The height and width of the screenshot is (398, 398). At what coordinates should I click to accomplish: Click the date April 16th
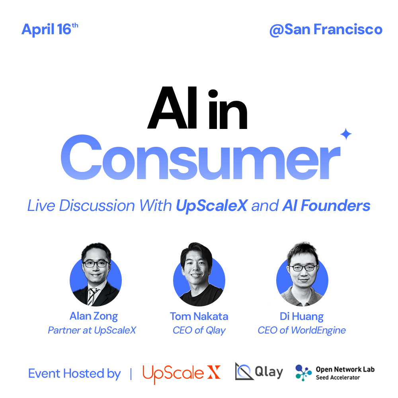click(50, 29)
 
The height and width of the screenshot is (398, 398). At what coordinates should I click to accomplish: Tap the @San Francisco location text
click(326, 29)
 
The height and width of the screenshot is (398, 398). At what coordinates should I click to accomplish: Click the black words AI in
click(197, 108)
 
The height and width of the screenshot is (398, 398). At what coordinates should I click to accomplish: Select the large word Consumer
click(201, 157)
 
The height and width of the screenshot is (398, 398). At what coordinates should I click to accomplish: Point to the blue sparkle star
click(346, 134)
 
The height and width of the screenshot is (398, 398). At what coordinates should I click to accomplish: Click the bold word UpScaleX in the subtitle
click(212, 206)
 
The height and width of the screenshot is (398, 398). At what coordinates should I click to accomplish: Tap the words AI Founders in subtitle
click(326, 205)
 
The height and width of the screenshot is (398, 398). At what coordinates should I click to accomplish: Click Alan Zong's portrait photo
click(96, 274)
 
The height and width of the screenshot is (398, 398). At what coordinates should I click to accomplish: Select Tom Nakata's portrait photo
click(199, 274)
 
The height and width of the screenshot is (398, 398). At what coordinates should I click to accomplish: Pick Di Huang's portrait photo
click(302, 274)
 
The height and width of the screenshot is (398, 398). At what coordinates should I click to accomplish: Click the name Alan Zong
click(94, 316)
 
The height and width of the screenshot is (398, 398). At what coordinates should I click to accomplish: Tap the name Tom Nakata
click(199, 316)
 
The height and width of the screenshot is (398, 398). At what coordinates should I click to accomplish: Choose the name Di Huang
click(302, 317)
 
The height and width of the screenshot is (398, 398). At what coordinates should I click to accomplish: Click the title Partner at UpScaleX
click(92, 330)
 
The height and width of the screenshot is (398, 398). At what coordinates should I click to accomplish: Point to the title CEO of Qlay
click(199, 330)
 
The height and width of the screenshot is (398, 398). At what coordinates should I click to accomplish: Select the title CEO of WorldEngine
click(302, 330)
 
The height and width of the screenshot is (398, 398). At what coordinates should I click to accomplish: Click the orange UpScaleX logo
click(181, 374)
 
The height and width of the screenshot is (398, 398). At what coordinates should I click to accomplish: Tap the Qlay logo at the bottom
click(259, 372)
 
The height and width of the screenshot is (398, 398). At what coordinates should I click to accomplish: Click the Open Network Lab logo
click(335, 373)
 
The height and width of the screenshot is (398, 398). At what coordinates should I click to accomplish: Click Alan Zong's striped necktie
click(91, 297)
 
